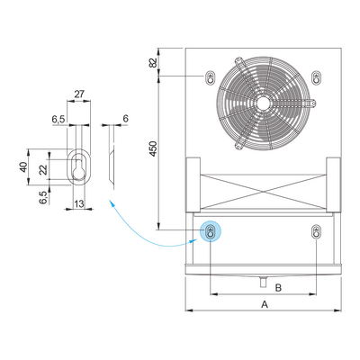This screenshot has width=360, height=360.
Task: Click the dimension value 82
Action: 153,63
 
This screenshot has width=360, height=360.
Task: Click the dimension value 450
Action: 153,148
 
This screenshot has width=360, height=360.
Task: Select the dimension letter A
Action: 265,304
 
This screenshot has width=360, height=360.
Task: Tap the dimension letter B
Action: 278,288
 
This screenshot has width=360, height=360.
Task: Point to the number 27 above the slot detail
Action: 79,94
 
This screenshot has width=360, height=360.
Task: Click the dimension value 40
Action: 23,167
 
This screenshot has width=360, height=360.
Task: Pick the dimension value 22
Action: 43,170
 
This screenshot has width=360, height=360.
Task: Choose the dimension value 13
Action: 79,204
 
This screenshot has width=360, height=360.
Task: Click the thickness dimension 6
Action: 125,119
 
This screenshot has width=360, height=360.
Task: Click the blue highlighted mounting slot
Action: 211,231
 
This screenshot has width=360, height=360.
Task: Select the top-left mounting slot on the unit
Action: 211,78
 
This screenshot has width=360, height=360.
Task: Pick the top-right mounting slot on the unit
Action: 316,77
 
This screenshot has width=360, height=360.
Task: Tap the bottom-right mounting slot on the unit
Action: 316,231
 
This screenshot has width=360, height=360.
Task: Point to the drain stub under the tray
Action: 263,282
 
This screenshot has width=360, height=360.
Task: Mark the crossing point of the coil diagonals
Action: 263,191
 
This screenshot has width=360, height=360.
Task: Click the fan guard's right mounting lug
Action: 310,103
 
